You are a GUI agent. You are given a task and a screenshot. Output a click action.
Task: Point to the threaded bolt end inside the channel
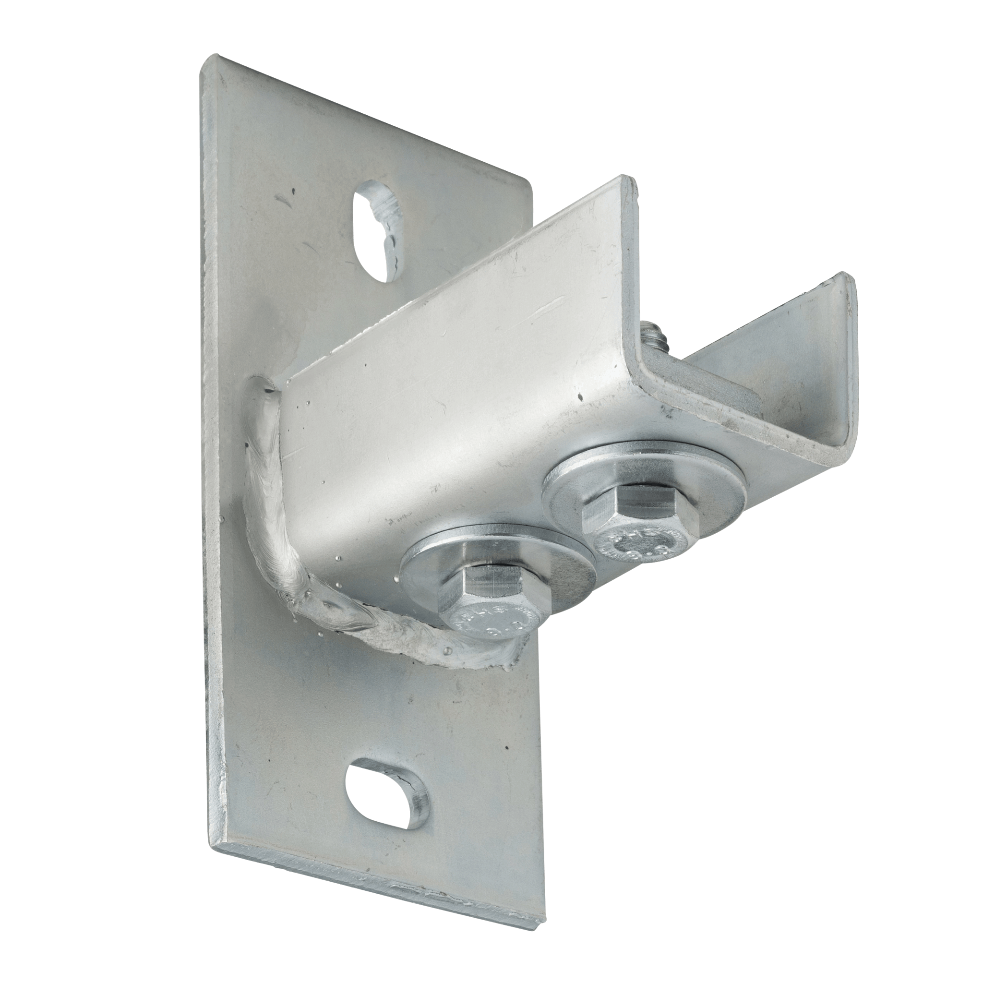pyautogui.click(x=652, y=336)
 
